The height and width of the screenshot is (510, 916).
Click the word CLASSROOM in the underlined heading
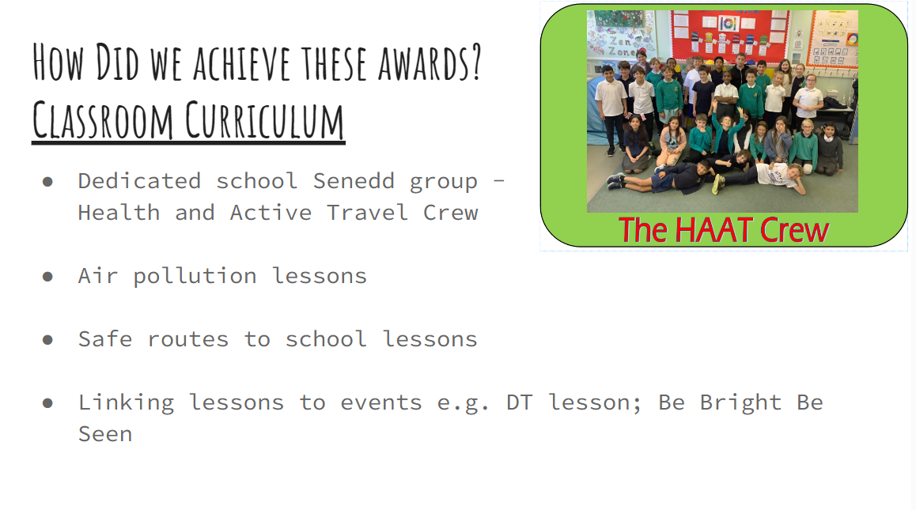(103, 120)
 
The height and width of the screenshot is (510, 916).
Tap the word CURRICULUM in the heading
(265, 120)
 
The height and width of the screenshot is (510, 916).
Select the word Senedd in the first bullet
(354, 181)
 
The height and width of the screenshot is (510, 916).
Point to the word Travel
(368, 213)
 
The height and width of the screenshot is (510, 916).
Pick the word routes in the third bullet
(188, 339)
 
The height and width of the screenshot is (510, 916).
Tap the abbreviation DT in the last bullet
(520, 402)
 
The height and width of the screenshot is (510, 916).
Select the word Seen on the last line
(106, 434)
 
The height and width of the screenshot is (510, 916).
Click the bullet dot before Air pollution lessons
(48, 276)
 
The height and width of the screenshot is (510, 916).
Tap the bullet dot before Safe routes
(48, 339)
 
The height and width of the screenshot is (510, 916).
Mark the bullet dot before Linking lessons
(48, 402)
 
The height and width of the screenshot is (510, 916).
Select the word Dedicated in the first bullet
(140, 181)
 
